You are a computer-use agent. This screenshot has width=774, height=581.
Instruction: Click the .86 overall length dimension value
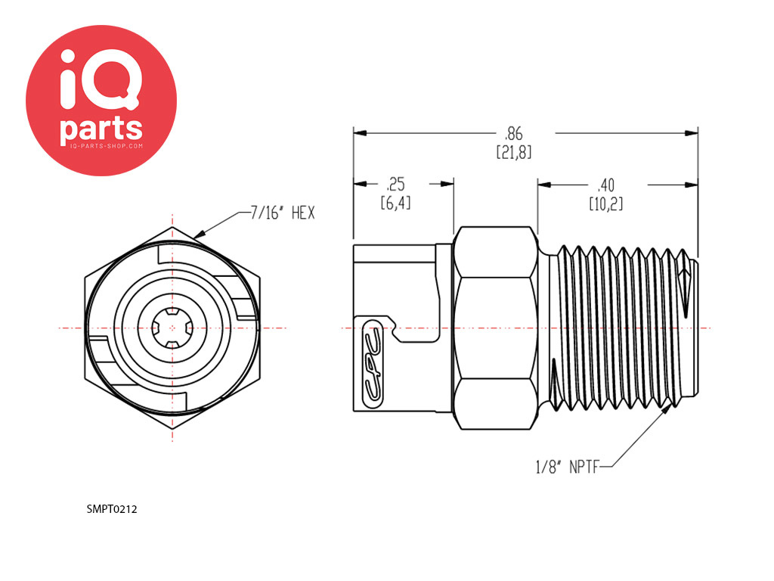pyautogui.click(x=514, y=133)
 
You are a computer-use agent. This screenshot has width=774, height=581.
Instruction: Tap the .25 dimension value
pyautogui.click(x=396, y=184)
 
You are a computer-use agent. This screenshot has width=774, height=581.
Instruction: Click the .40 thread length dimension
pyautogui.click(x=605, y=184)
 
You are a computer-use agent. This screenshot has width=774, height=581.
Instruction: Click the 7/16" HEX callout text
pyautogui.click(x=282, y=213)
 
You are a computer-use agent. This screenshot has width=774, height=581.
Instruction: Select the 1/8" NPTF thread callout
pyautogui.click(x=567, y=467)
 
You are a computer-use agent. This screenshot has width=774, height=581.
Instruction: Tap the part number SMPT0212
pyautogui.click(x=112, y=509)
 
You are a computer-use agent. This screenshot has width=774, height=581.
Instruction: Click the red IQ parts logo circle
pyautogui.click(x=101, y=100)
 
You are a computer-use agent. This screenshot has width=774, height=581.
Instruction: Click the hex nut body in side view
pyautogui.click(x=495, y=328)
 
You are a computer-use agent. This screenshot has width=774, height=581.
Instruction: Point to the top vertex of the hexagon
pyautogui.click(x=173, y=226)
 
